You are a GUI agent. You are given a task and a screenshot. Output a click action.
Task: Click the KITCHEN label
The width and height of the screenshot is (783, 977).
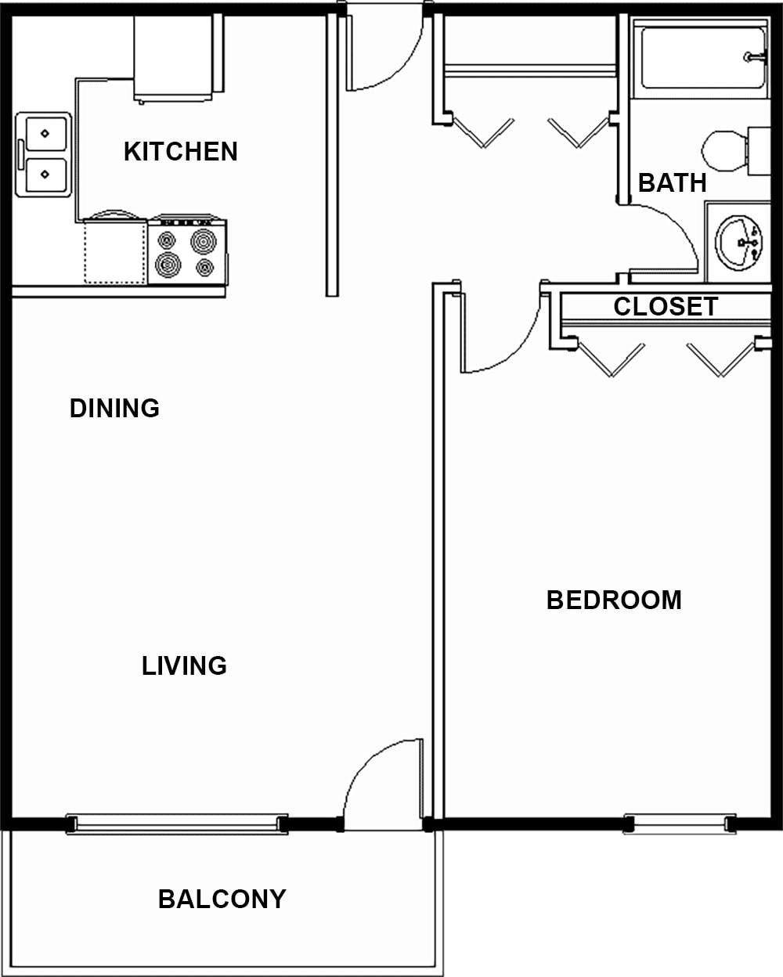(x=181, y=151)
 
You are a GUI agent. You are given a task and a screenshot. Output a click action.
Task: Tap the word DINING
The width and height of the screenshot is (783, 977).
(x=114, y=408)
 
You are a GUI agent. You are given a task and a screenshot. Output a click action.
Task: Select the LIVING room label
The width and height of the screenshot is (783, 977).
(x=184, y=665)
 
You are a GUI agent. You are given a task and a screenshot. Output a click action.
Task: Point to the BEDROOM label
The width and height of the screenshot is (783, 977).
(x=614, y=600)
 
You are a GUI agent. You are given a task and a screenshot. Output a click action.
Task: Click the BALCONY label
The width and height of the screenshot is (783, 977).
(x=222, y=899)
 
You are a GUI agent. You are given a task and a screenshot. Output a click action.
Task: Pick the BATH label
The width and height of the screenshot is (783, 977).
(x=673, y=182)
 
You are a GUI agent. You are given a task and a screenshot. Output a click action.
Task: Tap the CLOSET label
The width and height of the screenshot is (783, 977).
(x=666, y=307)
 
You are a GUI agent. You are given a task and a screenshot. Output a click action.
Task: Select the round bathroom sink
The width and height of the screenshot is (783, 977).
(x=739, y=242)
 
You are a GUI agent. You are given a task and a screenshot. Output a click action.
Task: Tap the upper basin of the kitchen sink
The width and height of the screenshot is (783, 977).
(x=45, y=133)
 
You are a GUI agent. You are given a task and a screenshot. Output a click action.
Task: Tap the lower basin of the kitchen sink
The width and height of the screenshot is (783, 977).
(x=45, y=175)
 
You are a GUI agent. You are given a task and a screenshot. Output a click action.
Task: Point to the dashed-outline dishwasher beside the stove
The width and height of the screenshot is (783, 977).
(x=115, y=252)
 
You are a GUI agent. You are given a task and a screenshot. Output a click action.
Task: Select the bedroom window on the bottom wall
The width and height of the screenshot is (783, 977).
(x=680, y=824)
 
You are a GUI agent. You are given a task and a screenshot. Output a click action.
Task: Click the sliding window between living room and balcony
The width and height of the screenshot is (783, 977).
(x=177, y=824)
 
